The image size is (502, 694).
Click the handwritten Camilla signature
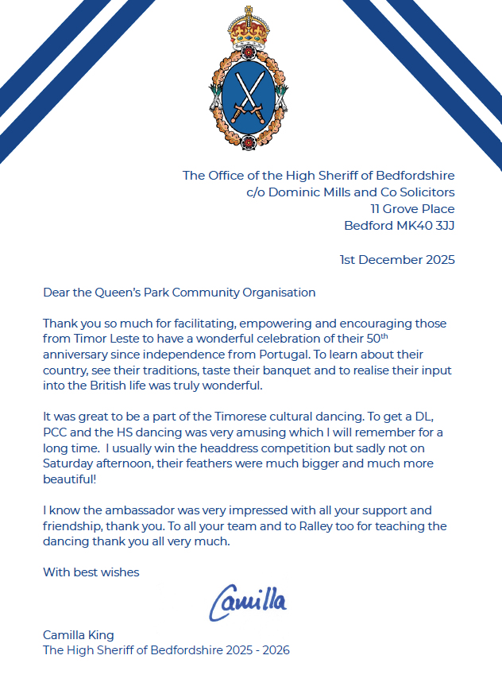point(248,603)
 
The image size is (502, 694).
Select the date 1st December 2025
point(397,259)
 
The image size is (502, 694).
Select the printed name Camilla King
point(79,634)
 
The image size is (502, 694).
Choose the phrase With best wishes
point(91,572)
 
